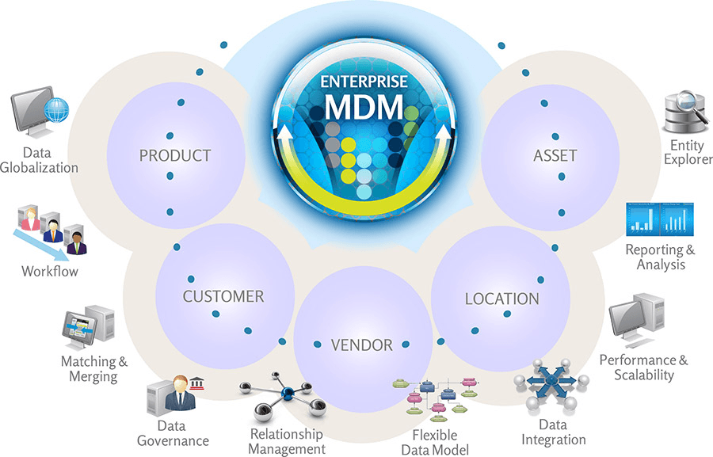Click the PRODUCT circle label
pyautogui.click(x=175, y=155)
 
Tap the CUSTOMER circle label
pyautogui.click(x=223, y=297)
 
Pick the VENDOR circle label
pyautogui.click(x=361, y=345)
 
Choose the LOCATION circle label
pyautogui.click(x=501, y=299)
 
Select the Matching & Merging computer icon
pyautogui.click(x=89, y=326)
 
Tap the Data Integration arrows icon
pyautogui.click(x=551, y=383)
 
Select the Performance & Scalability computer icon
pyautogui.click(x=639, y=320)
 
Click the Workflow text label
pyautogui.click(x=50, y=272)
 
